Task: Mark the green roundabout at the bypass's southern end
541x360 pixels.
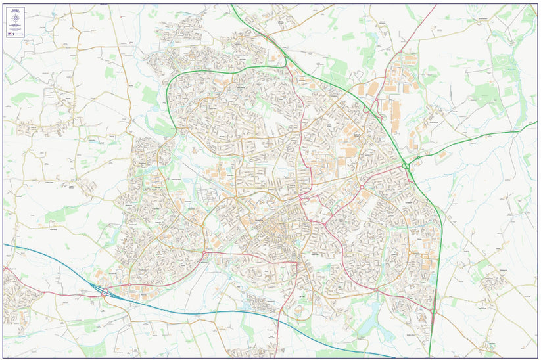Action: pos(433,311)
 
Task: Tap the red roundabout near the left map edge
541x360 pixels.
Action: pos(7,268)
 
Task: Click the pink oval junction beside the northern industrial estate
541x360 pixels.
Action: pos(365,110)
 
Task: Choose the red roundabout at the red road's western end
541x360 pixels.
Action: pos(204,253)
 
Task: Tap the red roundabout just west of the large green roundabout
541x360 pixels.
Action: pos(362,187)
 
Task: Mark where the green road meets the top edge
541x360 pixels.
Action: pos(232,5)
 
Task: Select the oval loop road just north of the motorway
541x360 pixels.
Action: pos(300,311)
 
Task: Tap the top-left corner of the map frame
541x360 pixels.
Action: pos(3,4)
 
